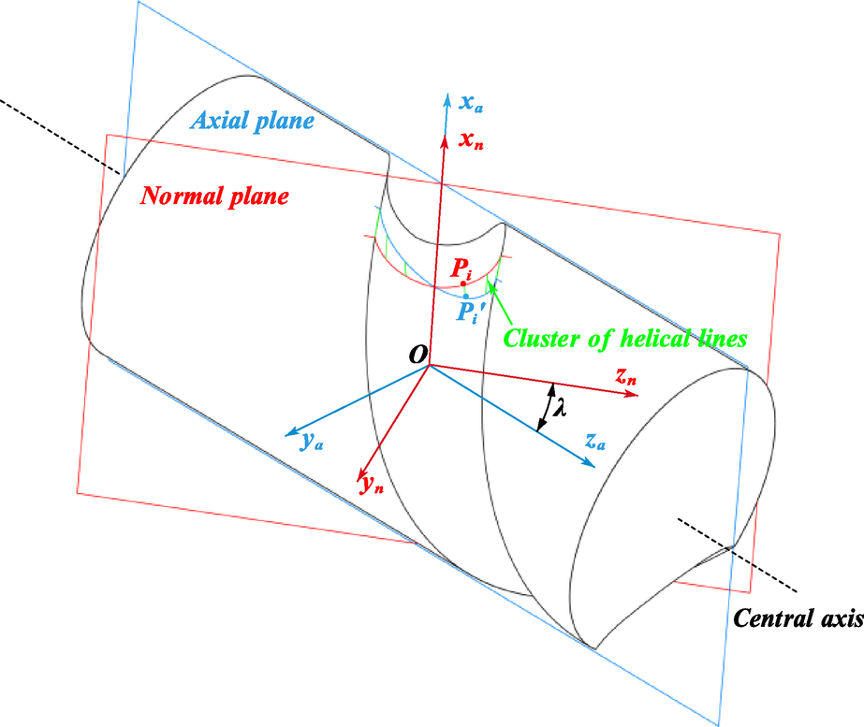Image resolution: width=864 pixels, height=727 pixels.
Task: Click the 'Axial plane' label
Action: tap(253, 121)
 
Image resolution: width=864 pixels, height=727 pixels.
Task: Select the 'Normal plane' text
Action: tap(214, 196)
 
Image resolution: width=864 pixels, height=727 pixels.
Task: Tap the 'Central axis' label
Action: tap(797, 618)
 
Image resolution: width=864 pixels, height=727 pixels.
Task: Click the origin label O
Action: tap(417, 353)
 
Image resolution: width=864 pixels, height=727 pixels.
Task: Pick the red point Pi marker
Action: tap(462, 283)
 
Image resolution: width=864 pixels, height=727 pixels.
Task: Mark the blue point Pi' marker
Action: tap(466, 296)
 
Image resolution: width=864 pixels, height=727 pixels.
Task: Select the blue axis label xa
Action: tap(472, 104)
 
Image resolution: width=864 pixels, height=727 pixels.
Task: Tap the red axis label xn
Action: tap(472, 140)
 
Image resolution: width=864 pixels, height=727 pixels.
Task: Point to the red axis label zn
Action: tap(626, 377)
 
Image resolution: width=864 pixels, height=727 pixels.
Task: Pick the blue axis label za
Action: tap(594, 443)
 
